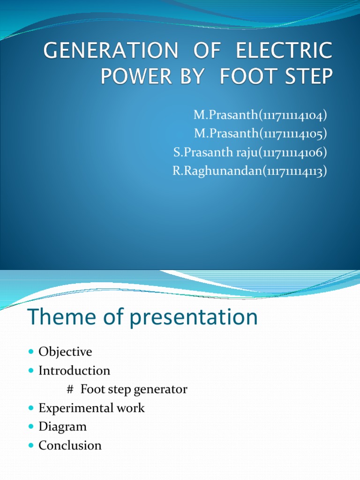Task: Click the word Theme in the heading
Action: pyautogui.click(x=60, y=317)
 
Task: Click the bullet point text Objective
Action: pyautogui.click(x=65, y=352)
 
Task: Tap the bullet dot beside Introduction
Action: pyautogui.click(x=31, y=371)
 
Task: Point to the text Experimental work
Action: pyautogui.click(x=91, y=408)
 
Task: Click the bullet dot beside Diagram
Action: pyautogui.click(x=31, y=427)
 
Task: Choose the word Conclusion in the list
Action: pyautogui.click(x=70, y=445)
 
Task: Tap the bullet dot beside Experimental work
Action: pyautogui.click(x=31, y=408)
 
